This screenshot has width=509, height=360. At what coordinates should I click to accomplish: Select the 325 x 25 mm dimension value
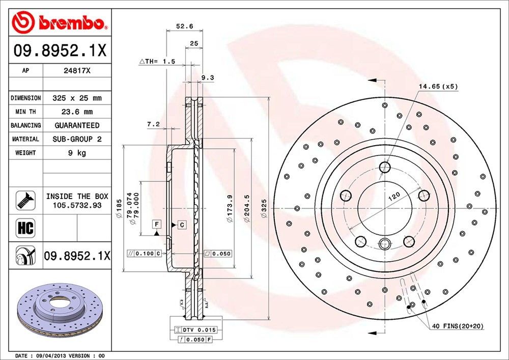77,98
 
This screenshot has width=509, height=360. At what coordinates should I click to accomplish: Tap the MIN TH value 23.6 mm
77,112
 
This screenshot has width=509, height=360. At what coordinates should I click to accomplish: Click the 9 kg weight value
77,153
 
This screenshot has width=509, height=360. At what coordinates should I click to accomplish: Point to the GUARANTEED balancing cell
77,125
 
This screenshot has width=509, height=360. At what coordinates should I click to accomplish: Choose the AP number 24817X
77,71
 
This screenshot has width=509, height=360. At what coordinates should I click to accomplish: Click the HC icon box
25,228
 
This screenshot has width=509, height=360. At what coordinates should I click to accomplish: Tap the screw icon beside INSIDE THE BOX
25,200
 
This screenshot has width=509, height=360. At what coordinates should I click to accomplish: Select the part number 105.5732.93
77,205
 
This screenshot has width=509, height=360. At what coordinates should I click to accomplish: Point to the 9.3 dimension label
208,78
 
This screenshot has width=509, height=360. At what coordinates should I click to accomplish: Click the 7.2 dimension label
153,124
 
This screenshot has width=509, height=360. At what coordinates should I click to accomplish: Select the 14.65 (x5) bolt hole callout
438,87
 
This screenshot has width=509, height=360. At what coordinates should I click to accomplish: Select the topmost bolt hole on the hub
385,167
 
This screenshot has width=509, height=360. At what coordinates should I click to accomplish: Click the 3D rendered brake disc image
56,311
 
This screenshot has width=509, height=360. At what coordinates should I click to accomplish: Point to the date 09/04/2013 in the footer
51,355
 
